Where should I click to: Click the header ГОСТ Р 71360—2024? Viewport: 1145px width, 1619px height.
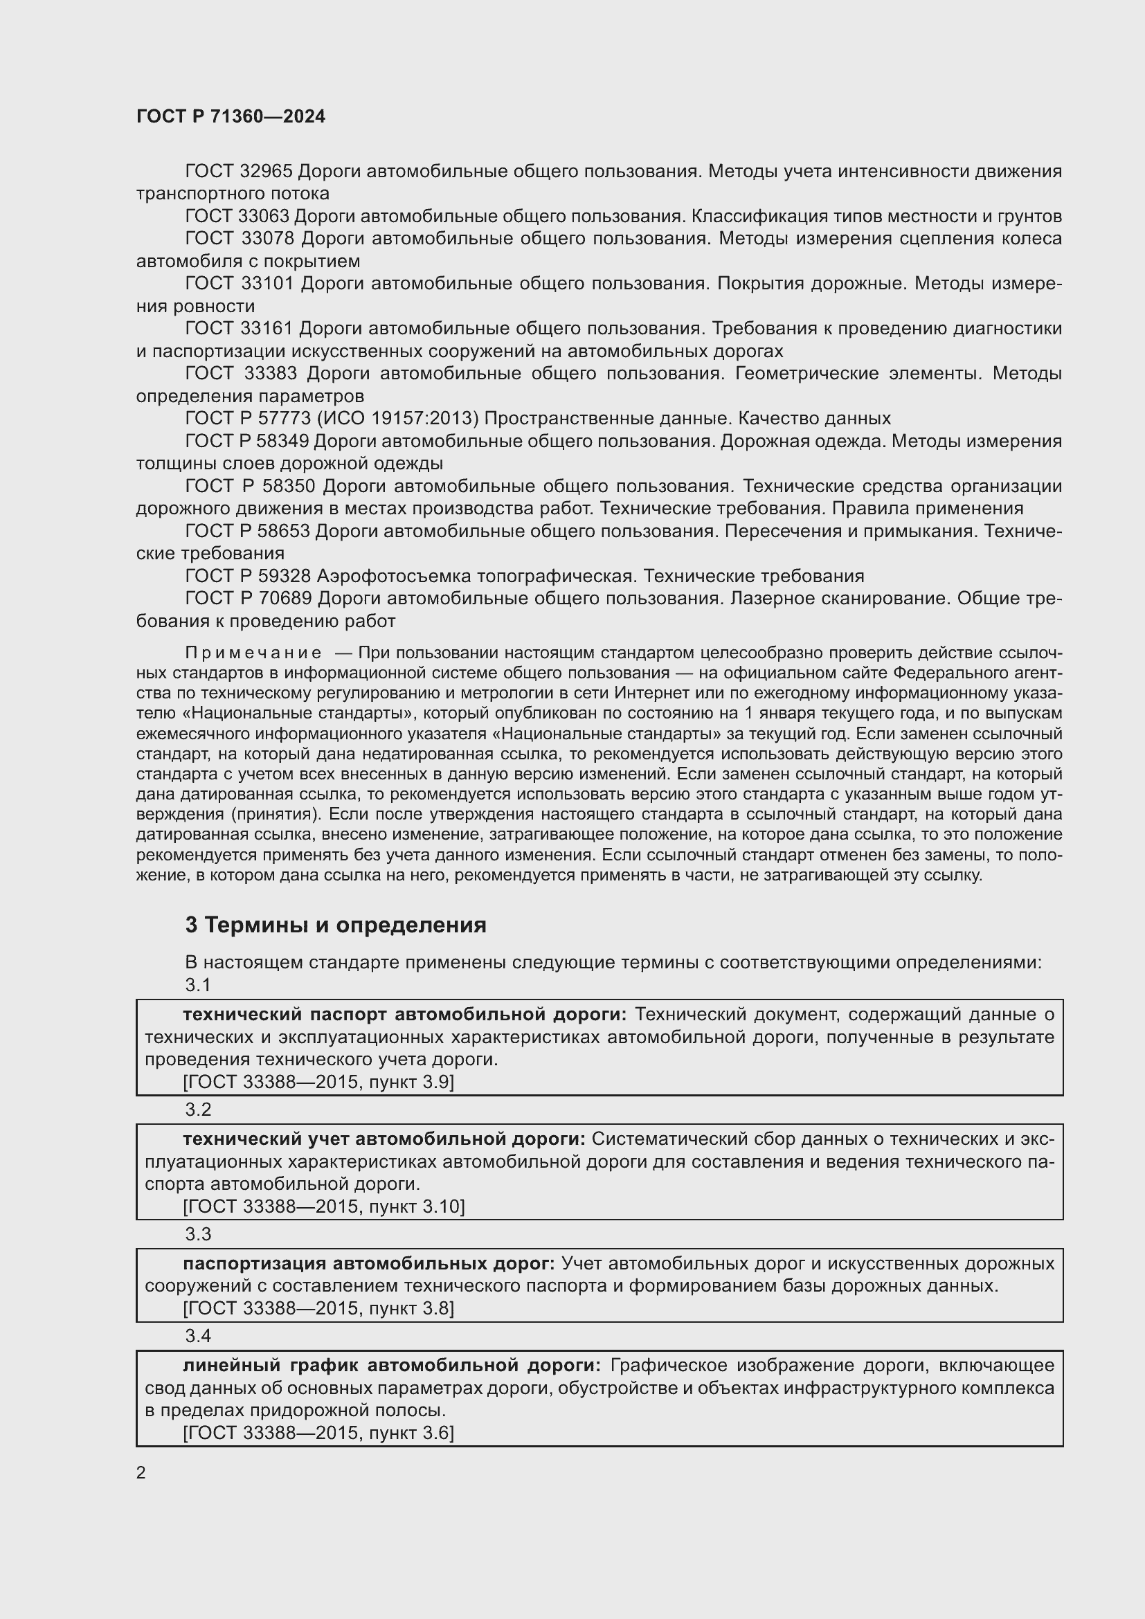click(231, 116)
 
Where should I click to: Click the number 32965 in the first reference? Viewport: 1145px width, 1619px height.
click(265, 172)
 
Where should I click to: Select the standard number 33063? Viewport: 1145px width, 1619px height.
click(265, 216)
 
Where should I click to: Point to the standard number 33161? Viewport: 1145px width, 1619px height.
click(265, 329)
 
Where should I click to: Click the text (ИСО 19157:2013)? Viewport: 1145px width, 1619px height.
click(397, 418)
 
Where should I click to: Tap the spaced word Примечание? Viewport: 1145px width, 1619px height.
click(253, 652)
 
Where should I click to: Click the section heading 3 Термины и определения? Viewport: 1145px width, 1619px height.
click(336, 925)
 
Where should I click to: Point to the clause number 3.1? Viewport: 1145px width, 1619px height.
click(198, 985)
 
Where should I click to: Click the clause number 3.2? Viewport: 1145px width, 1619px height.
click(198, 1109)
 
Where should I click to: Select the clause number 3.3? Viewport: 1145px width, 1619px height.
click(198, 1234)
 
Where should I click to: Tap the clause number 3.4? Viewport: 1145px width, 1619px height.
click(198, 1336)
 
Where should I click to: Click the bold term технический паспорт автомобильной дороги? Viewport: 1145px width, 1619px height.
click(404, 1014)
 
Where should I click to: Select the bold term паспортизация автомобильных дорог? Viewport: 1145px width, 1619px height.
click(369, 1264)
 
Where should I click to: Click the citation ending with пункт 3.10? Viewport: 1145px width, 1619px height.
click(323, 1206)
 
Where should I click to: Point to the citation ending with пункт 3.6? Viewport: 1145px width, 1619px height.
click(318, 1433)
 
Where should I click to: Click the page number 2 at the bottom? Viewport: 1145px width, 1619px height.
click(141, 1472)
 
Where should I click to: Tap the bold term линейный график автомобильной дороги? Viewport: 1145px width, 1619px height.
click(391, 1366)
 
